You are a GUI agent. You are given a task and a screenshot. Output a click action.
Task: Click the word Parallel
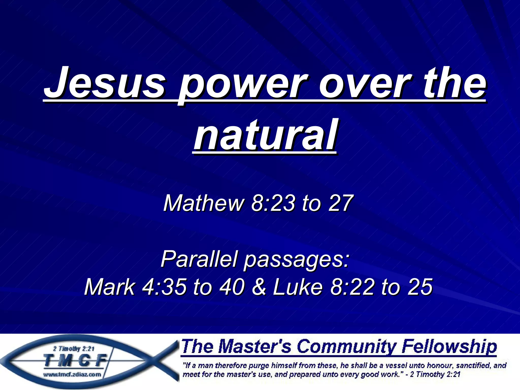[x=199, y=259]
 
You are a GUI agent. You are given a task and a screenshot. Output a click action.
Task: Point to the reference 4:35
[x=164, y=287]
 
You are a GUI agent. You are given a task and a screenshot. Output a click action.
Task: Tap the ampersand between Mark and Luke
[x=259, y=287]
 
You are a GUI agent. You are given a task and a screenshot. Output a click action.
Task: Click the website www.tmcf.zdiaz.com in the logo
[x=72, y=375]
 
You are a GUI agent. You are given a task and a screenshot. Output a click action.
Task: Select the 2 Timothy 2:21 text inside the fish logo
[x=74, y=349]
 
